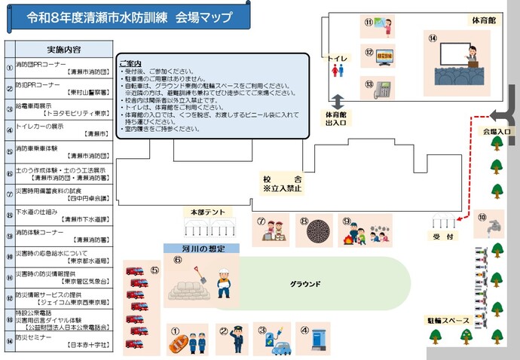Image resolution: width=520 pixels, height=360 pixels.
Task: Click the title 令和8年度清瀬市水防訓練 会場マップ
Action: point(129,17)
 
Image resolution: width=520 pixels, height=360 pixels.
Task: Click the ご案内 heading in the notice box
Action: point(130,63)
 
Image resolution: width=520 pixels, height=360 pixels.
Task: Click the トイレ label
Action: point(337,57)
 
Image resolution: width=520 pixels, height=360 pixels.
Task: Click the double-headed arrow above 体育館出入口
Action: point(338,100)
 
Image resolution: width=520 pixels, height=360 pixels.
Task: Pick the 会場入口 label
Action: point(497,131)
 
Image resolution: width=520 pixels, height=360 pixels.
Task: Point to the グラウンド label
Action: point(306,284)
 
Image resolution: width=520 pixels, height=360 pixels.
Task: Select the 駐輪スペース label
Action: point(448,320)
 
